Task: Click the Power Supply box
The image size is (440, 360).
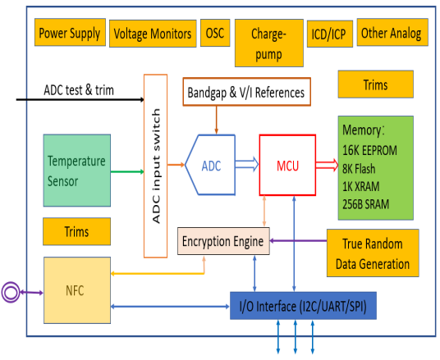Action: pyautogui.click(x=70, y=32)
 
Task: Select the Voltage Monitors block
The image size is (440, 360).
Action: pyautogui.click(x=153, y=34)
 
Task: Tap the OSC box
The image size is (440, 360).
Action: pyautogui.click(x=215, y=33)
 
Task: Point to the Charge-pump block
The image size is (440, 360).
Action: pyautogui.click(x=268, y=43)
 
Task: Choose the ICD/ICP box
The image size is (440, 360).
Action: pyautogui.click(x=330, y=34)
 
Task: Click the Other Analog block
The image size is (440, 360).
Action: pyautogui.click(x=392, y=32)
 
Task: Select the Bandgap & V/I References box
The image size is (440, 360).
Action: pyautogui.click(x=246, y=92)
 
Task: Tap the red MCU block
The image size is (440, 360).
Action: pyautogui.click(x=287, y=165)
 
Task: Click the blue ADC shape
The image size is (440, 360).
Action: pyautogui.click(x=210, y=165)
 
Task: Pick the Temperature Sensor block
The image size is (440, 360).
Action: pyautogui.click(x=77, y=171)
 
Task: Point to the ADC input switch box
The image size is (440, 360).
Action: pyautogui.click(x=155, y=166)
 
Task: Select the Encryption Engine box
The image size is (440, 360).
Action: pyautogui.click(x=223, y=241)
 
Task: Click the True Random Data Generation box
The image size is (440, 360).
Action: pyautogui.click(x=373, y=253)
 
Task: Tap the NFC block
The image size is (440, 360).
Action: pyautogui.click(x=77, y=290)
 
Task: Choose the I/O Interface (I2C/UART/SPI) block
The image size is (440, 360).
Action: pyautogui.click(x=303, y=306)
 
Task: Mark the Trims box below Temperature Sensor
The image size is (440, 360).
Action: pyautogui.click(x=76, y=231)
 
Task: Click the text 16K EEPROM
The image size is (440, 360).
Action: pyautogui.click(x=369, y=151)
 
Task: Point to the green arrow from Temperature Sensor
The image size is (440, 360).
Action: pyautogui.click(x=127, y=171)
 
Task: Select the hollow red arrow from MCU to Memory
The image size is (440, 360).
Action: pyautogui.click(x=328, y=165)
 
